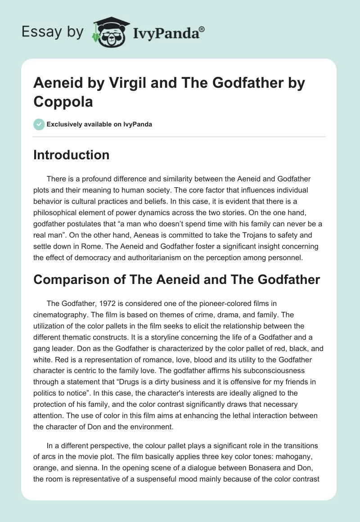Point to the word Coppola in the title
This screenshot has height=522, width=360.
63,101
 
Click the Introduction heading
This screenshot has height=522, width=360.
72,155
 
